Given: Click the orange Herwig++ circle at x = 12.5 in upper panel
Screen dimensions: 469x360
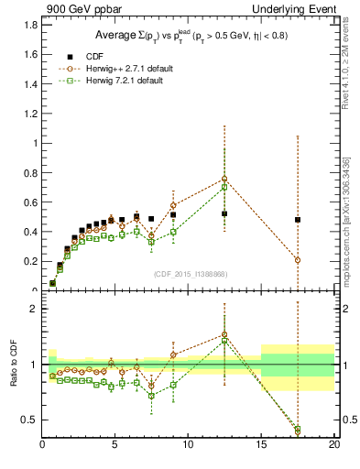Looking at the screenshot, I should (224, 179).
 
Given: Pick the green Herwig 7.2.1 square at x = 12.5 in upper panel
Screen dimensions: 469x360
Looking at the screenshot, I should (224, 188).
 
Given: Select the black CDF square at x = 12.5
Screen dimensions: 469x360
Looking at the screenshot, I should (224, 213).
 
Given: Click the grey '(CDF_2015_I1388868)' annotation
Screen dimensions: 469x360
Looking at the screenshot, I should (190, 274).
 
